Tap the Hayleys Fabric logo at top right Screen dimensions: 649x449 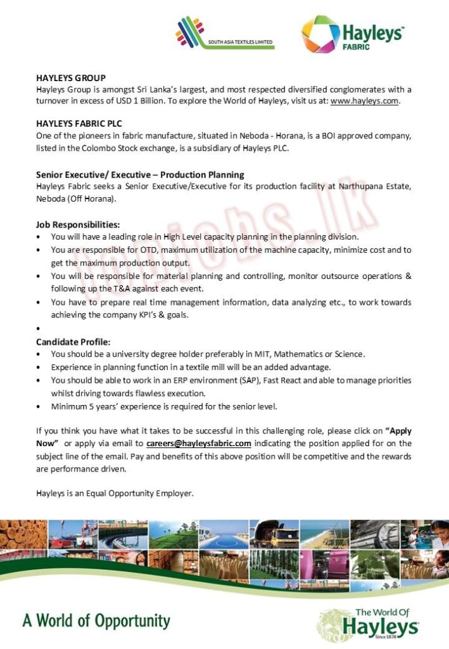pyautogui.click(x=352, y=35)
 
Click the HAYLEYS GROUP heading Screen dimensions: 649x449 pyautogui.click(x=70, y=78)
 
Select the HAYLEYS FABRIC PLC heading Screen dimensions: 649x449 pyautogui.click(x=79, y=124)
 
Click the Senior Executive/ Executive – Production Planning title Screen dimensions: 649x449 pyautogui.click(x=140, y=174)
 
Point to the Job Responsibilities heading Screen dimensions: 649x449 pyautogui.click(x=77, y=225)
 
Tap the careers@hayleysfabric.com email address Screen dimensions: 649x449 pyautogui.click(x=199, y=443)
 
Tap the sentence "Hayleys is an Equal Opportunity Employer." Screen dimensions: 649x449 pyautogui.click(x=115, y=492)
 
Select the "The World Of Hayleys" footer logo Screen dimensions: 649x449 pyautogui.click(x=369, y=622)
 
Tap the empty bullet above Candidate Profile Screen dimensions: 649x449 pyautogui.click(x=39, y=329)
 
